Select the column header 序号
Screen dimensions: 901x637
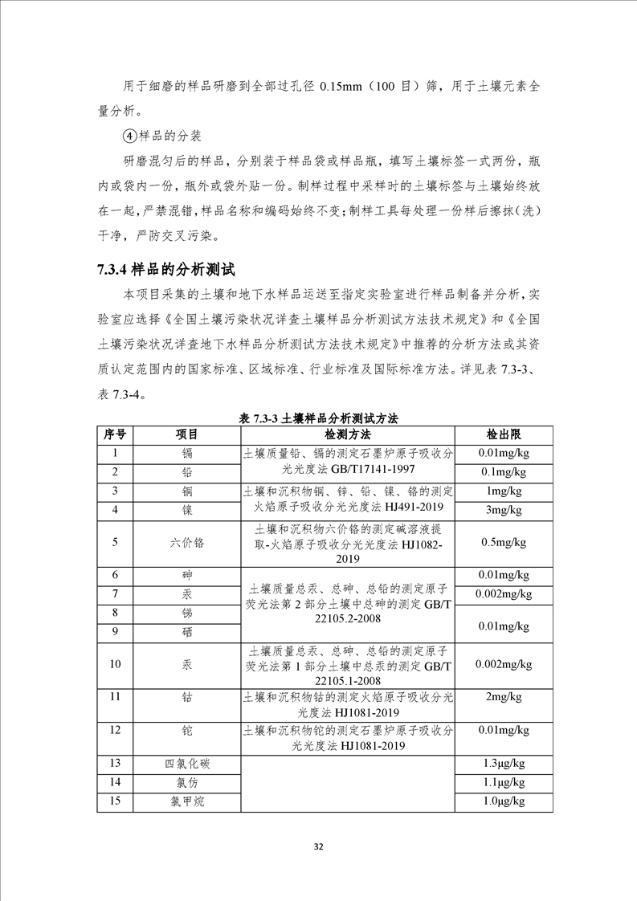[115, 434]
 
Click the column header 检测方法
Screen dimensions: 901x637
[347, 434]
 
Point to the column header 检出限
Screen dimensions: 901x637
[504, 434]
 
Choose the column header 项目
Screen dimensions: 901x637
[187, 434]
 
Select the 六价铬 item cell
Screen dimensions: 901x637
[187, 542]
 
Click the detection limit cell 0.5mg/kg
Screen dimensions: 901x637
[504, 542]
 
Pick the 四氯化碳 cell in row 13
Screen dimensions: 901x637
[187, 763]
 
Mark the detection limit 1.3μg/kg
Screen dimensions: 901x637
[504, 763]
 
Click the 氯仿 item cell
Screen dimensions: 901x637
[187, 782]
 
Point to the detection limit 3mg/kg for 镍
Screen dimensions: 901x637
[504, 510]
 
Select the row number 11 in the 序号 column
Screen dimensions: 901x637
[115, 696]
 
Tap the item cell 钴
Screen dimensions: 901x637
[187, 696]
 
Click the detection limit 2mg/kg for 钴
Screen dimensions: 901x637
[504, 696]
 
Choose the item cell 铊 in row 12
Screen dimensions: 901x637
[187, 730]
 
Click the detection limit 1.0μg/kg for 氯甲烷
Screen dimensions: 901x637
[504, 801]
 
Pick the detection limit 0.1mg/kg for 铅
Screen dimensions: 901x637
[504, 471]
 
